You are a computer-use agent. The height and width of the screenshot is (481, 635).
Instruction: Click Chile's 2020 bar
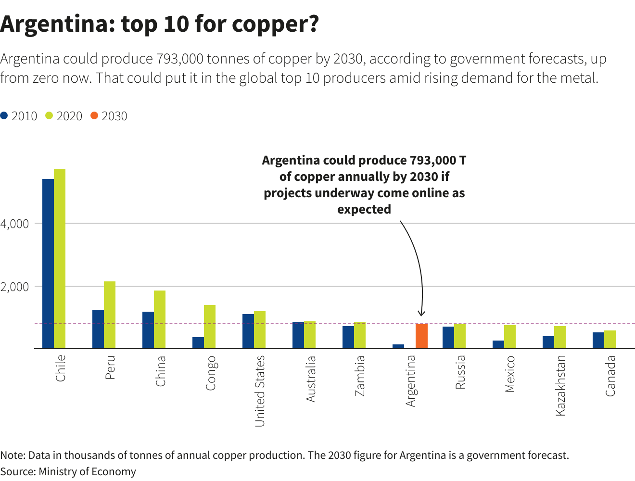coord(60,258)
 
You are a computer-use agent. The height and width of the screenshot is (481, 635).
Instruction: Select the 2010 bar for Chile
coord(48,264)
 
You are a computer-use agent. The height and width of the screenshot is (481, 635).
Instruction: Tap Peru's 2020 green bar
coord(110,315)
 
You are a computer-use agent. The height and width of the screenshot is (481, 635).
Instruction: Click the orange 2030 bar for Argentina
coord(421,336)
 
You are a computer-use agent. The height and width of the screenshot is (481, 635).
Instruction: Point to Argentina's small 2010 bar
coord(398,346)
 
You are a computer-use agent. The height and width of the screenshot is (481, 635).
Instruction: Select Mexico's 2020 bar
coord(510,337)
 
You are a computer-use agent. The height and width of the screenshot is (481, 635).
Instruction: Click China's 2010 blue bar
coord(148,330)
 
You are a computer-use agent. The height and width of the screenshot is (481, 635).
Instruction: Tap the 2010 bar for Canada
coord(598,340)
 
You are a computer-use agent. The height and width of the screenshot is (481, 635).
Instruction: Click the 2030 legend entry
coord(109,116)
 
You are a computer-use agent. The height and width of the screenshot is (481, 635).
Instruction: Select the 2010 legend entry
coord(19,116)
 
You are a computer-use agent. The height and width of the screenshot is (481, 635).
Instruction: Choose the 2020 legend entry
coord(64,116)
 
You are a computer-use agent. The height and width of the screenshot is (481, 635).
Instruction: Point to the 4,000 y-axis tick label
coord(15,224)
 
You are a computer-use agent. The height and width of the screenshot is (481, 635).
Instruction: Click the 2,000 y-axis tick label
coord(15,287)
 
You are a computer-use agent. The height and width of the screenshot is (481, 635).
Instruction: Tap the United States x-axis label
coord(260,391)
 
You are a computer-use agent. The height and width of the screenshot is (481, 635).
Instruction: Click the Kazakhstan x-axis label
coord(560,385)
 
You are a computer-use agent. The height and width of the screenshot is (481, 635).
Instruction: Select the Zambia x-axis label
coord(360,375)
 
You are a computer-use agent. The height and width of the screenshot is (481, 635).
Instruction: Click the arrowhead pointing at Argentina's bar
coord(422,314)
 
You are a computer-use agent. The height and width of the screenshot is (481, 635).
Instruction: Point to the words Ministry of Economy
coord(87,471)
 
